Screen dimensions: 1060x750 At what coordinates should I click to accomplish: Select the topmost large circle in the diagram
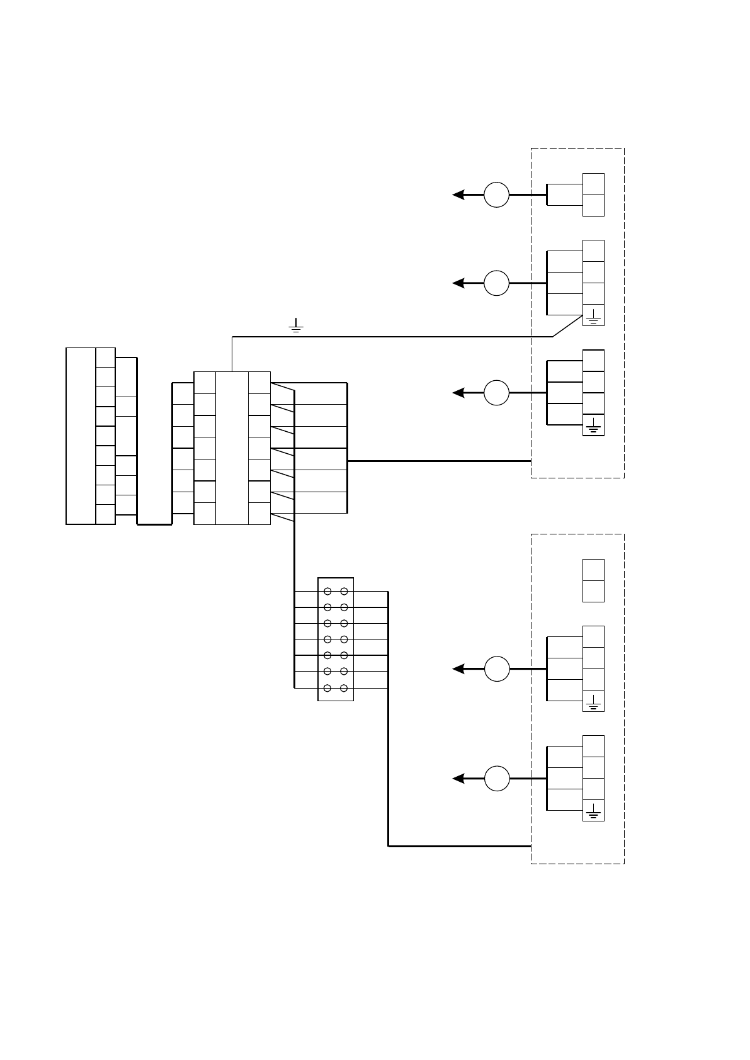(496, 195)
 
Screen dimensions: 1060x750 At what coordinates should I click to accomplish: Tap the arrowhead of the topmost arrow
(458, 195)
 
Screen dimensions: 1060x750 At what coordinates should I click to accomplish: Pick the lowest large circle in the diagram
(496, 779)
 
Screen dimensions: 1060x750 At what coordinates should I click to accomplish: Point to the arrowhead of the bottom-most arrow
(458, 779)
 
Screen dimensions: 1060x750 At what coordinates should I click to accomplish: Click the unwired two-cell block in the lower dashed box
(593, 580)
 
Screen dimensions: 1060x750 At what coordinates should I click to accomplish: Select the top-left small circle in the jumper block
(327, 592)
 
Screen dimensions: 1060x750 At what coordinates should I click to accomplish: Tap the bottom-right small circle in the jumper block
(344, 689)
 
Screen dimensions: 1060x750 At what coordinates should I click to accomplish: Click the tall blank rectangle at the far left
(81, 435)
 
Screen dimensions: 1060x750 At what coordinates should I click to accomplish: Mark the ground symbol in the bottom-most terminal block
(593, 811)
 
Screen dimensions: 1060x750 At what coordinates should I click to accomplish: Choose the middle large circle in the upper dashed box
(496, 283)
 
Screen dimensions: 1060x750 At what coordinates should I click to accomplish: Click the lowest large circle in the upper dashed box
(496, 393)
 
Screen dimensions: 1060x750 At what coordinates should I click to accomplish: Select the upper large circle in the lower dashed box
(496, 668)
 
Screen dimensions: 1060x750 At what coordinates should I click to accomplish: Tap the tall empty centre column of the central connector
(232, 448)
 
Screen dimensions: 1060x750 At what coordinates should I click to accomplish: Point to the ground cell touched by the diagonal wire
(593, 315)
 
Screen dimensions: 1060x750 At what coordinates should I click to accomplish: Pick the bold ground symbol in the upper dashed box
(593, 427)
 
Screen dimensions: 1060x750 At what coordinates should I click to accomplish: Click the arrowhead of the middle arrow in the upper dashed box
(458, 283)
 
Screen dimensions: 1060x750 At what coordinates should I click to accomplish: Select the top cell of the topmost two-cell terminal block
(593, 184)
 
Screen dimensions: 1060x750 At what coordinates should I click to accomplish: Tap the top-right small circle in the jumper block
(344, 592)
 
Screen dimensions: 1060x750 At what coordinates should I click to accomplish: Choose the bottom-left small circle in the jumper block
(327, 689)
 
